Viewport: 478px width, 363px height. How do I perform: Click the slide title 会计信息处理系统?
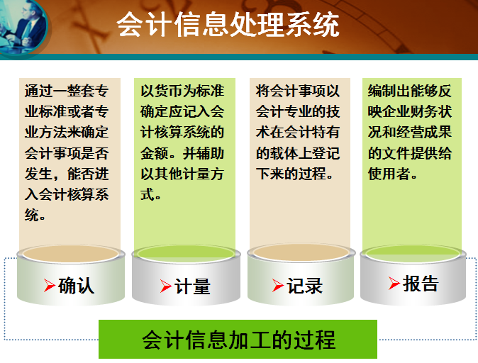(x=228, y=24)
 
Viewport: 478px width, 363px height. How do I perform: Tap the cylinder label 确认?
(x=76, y=285)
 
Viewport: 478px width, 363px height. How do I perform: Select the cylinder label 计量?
(x=192, y=286)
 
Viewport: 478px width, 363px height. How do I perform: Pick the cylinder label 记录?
(x=304, y=286)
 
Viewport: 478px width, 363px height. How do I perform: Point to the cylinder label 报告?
(x=421, y=284)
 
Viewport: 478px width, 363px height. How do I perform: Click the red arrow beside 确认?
(x=50, y=285)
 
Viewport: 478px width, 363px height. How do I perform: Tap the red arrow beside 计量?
(x=166, y=286)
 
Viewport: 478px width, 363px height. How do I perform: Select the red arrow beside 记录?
(x=278, y=286)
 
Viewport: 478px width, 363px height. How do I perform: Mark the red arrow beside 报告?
(x=394, y=284)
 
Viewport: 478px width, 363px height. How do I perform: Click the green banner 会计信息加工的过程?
(x=238, y=339)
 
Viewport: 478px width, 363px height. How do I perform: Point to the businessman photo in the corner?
(x=24, y=27)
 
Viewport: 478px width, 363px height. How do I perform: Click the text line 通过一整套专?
(x=67, y=91)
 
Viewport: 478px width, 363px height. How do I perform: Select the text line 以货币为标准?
(x=182, y=91)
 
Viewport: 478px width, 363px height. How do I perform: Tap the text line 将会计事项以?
(x=298, y=91)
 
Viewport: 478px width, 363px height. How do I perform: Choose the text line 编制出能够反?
(x=409, y=91)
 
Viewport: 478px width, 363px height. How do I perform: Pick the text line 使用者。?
(x=392, y=174)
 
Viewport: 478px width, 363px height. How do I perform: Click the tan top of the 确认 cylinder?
(x=71, y=254)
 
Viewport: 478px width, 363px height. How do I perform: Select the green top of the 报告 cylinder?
(x=413, y=254)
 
